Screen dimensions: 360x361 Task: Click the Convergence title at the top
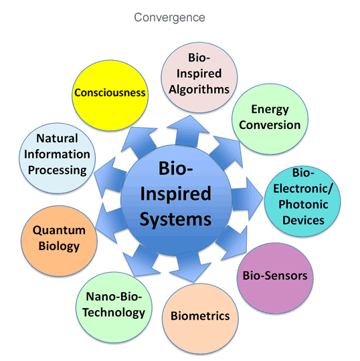(170, 17)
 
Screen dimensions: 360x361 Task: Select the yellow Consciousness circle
(110, 96)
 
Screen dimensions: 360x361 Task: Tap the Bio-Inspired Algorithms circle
(199, 78)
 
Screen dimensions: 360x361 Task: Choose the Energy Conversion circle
(270, 119)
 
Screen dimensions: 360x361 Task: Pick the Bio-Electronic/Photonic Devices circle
(302, 201)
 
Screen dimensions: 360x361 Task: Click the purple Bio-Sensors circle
(275, 278)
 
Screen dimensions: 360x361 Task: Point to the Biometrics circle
(200, 319)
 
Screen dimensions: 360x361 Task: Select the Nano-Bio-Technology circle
(114, 308)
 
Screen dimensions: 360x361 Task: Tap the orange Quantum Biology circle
(60, 241)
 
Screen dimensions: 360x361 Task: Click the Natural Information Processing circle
(57, 158)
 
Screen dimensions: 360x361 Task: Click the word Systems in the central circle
(175, 219)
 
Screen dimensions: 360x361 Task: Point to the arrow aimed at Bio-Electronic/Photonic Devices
(247, 199)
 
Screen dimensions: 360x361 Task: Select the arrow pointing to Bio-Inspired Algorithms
(188, 131)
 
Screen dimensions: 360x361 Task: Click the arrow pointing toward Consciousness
(140, 142)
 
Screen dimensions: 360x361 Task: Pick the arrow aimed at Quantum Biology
(110, 223)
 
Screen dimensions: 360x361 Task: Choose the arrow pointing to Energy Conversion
(227, 152)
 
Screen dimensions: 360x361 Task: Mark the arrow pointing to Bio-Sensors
(232, 243)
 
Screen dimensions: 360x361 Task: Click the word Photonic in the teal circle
(303, 204)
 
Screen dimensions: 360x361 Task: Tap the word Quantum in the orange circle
(59, 230)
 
